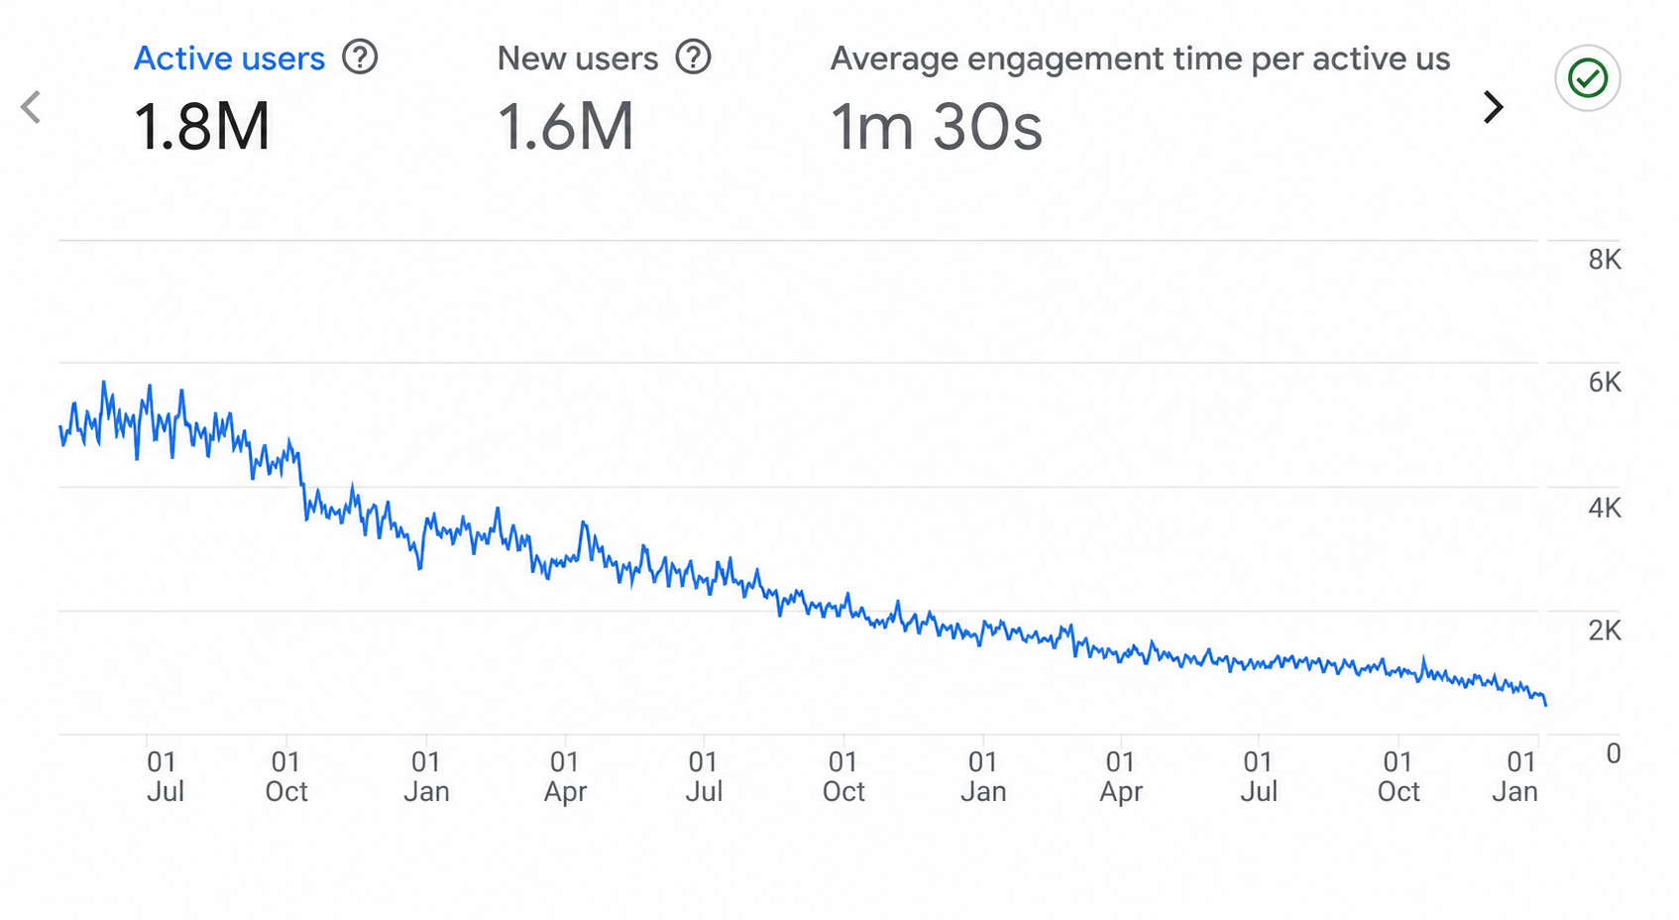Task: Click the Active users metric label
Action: coord(229,58)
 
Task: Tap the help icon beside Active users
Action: coord(360,57)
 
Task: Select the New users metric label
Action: coord(578,58)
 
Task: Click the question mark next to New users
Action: coord(694,57)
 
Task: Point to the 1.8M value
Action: coord(201,126)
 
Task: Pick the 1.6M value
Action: coord(566,126)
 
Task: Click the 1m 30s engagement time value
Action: coord(937,126)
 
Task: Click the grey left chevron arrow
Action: coord(31,107)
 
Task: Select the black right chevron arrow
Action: coord(1493,107)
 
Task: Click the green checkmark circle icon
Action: coord(1588,78)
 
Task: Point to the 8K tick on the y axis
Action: coord(1605,260)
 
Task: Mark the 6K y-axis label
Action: coord(1605,383)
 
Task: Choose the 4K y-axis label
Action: coord(1605,508)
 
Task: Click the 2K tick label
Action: coord(1605,631)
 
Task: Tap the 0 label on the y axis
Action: coord(1614,753)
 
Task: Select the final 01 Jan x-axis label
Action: coord(1515,777)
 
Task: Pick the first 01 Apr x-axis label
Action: coord(565,777)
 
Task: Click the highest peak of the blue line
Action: coord(103,382)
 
